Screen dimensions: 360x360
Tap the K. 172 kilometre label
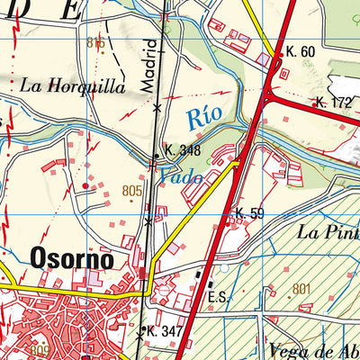point(335,103)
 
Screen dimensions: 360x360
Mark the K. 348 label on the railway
point(182,151)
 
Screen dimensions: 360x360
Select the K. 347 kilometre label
point(165,332)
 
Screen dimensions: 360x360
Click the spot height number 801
point(302,288)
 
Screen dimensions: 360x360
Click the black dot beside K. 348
point(156,157)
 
